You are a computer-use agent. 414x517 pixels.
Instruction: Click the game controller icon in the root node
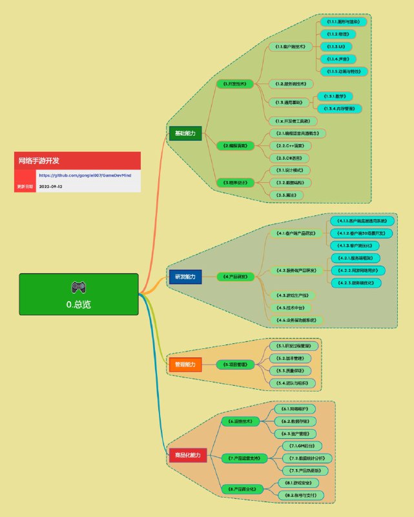[x=78, y=287]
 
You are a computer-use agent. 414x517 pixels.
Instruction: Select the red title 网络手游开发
[x=39, y=160]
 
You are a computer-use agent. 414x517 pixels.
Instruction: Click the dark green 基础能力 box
[x=185, y=133]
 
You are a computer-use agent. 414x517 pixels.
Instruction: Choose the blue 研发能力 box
[x=185, y=277]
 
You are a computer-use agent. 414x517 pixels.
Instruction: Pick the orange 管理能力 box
[x=185, y=364]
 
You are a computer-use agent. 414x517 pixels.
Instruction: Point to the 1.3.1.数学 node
[x=334, y=96]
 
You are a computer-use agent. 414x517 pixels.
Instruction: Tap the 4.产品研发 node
[x=234, y=277]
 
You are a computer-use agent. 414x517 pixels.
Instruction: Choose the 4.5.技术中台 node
[x=288, y=308]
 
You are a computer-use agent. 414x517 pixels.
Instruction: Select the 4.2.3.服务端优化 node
[x=356, y=282]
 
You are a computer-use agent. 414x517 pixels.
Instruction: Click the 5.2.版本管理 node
[x=294, y=358]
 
